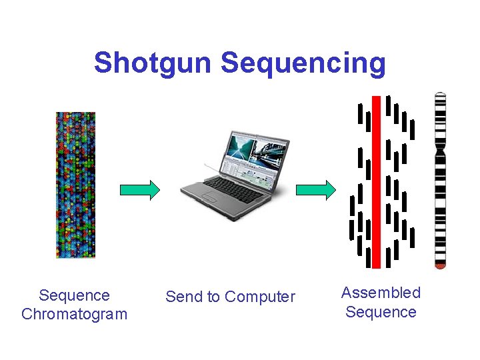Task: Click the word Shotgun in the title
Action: coord(153,63)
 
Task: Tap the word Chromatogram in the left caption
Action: coord(74,314)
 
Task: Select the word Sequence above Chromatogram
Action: coord(74,295)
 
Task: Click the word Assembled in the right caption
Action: coord(381,293)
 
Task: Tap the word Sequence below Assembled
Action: coord(381,311)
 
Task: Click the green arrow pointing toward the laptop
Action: coord(139,190)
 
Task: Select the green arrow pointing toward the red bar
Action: coord(316,190)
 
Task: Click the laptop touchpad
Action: coord(212,198)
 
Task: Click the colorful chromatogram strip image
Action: coord(75,185)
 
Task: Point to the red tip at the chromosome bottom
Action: coord(439,265)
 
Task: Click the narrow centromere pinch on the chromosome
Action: coord(439,151)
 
